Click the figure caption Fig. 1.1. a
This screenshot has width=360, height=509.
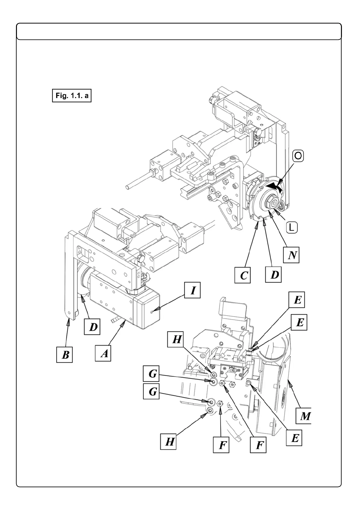72,96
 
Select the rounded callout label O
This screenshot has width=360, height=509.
298,156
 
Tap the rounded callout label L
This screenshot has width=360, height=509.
292,228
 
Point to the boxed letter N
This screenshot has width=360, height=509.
291,255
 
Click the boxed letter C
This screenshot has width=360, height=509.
242,275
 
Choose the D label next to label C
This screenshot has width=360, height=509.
274,274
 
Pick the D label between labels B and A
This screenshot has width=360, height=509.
92,327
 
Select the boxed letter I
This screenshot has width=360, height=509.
192,290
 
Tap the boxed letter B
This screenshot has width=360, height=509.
64,355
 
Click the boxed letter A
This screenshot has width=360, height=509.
103,353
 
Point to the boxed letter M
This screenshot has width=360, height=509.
304,416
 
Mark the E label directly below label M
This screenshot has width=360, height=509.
294,438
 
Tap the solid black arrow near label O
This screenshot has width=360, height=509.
274,186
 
